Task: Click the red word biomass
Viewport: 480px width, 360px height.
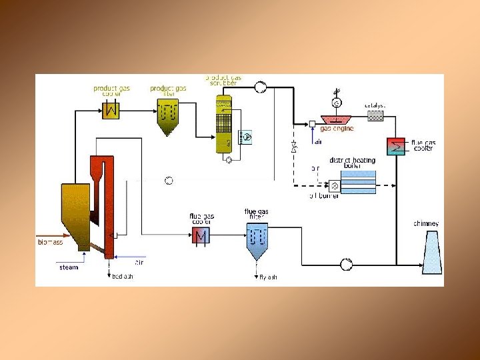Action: coord(49,242)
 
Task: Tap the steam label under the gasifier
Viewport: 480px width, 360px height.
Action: coord(69,267)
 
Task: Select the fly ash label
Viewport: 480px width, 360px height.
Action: coord(267,276)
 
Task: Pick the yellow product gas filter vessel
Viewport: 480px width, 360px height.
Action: coord(169,117)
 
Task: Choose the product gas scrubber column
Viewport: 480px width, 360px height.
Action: coord(223,123)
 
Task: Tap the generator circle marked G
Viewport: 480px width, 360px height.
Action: coord(337,103)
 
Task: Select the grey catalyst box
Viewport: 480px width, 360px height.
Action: coord(376,115)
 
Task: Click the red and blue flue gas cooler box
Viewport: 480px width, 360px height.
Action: coord(201,235)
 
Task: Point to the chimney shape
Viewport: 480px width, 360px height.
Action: coord(431,252)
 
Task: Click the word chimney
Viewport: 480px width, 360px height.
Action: coord(426,223)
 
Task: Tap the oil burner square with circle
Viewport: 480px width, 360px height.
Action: coord(335,186)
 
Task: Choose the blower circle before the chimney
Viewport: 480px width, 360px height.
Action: coord(347,264)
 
